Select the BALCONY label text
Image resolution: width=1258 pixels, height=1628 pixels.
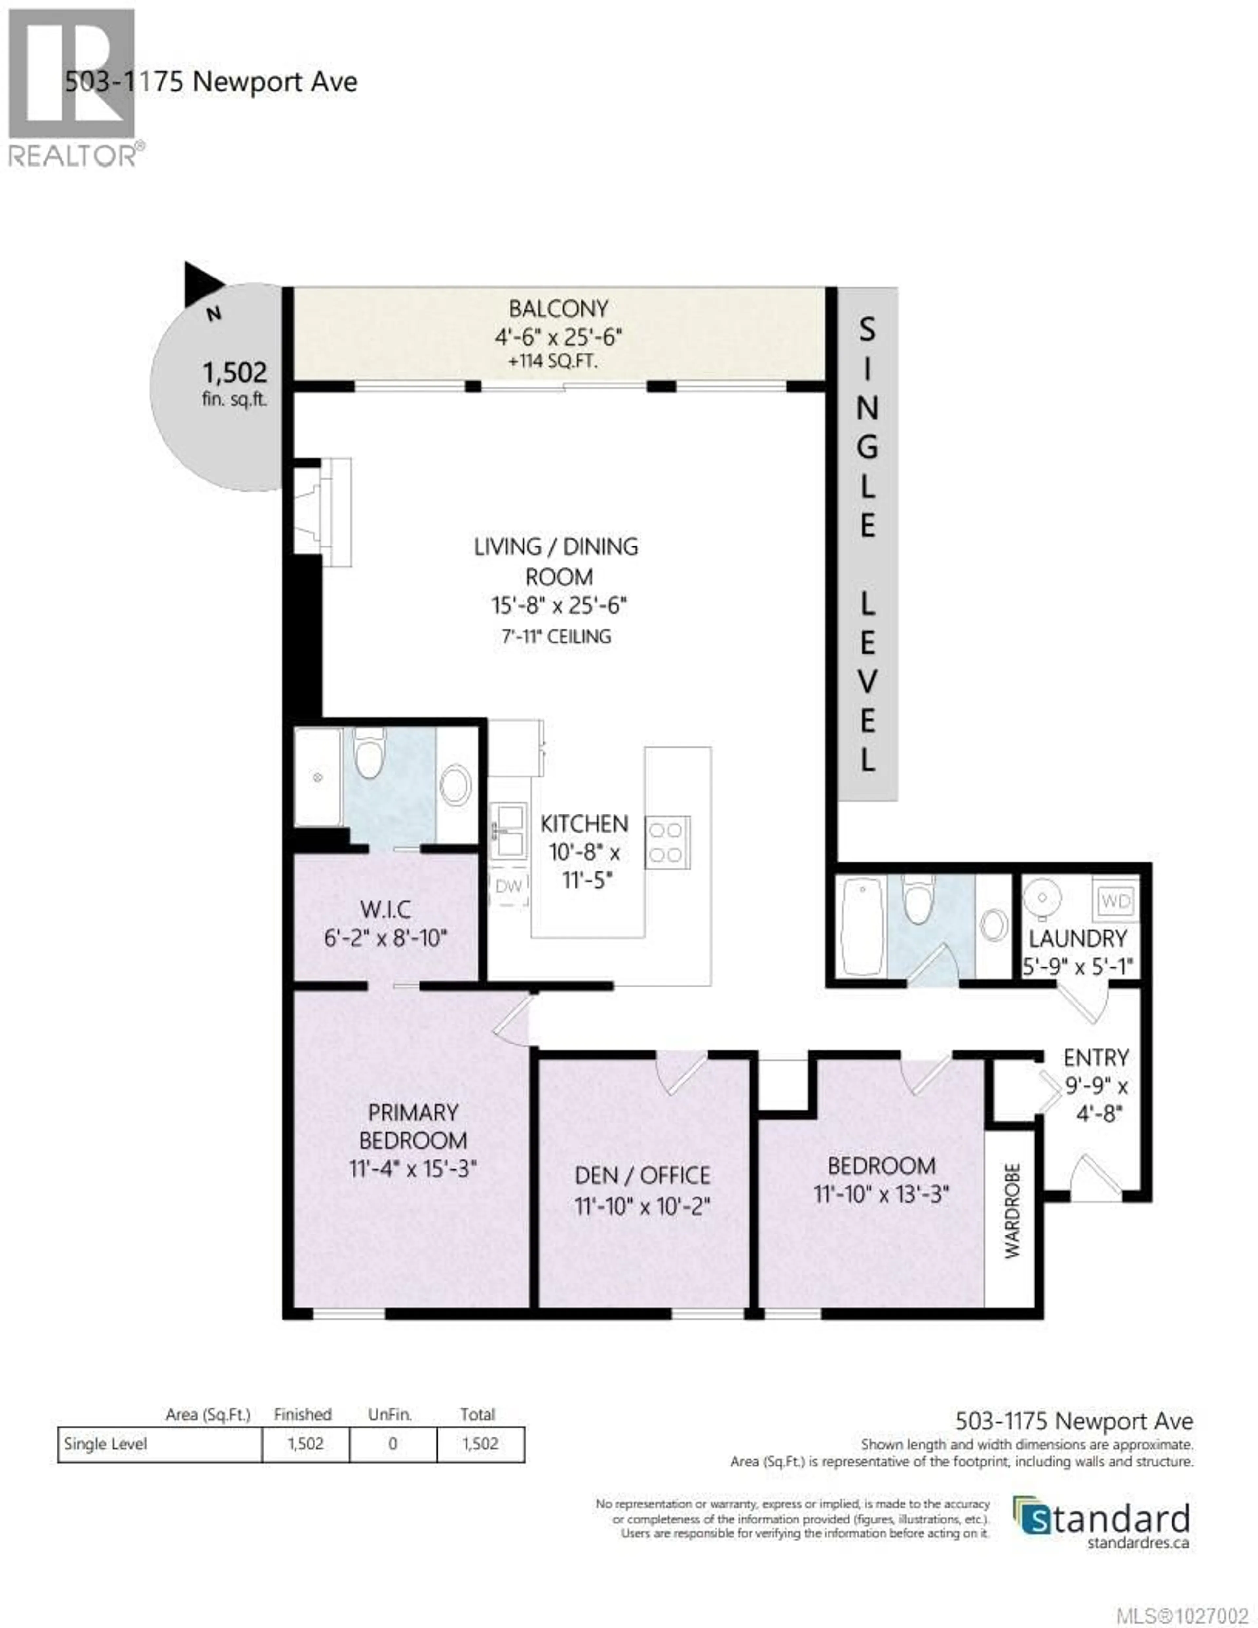[x=558, y=309]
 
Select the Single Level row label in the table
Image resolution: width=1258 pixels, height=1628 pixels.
[x=106, y=1444]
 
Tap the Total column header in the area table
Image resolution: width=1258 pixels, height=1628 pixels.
[x=477, y=1414]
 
